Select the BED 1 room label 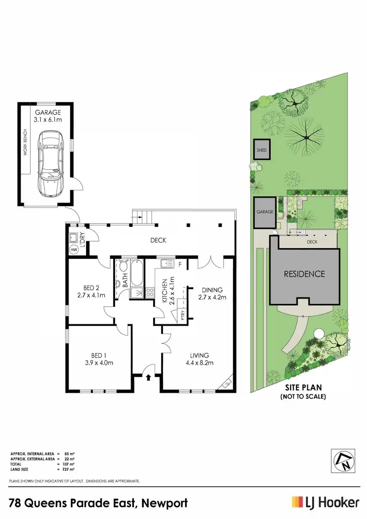pos(99,359)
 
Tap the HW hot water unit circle pos(74,249)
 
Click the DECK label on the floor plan pos(158,240)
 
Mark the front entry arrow pos(148,377)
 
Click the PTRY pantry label pos(183,314)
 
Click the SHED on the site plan pos(261,150)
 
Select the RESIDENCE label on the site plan pos(304,274)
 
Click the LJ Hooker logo pos(325,502)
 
